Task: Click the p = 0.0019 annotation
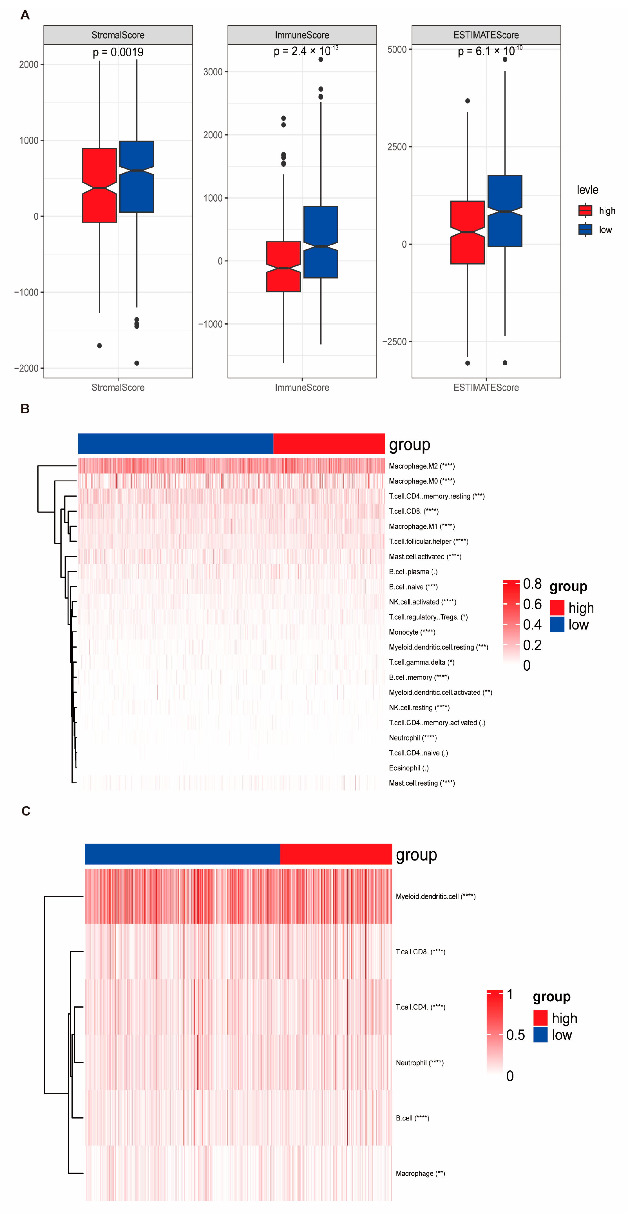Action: (118, 52)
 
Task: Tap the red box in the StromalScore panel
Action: (99, 185)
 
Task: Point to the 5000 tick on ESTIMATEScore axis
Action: (397, 50)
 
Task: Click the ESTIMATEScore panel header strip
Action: (486, 35)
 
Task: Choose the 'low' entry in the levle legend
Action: (605, 230)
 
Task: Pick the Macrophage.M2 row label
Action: (421, 466)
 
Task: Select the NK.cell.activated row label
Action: (422, 602)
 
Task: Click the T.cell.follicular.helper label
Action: (428, 541)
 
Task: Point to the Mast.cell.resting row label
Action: (421, 783)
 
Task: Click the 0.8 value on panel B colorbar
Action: (532, 584)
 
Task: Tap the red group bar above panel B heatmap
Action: (329, 444)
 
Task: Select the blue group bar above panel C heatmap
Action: (182, 854)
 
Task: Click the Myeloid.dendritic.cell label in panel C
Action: (435, 896)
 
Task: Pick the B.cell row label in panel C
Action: (412, 1118)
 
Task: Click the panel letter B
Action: (25, 409)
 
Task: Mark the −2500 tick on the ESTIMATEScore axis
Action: (394, 342)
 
